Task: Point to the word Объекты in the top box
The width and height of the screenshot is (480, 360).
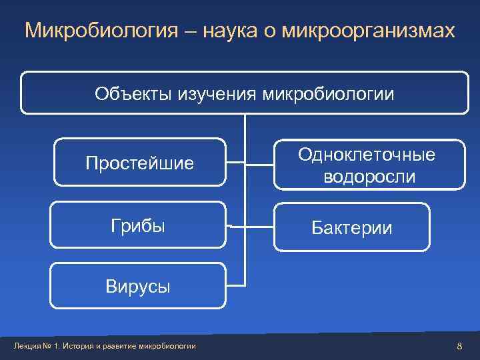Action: tap(133, 94)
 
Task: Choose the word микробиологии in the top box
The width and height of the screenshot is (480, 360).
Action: tap(329, 94)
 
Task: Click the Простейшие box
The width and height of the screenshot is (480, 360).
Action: tap(139, 162)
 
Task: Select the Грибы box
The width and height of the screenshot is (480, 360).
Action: tap(138, 226)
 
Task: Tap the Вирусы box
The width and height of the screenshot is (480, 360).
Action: tap(138, 287)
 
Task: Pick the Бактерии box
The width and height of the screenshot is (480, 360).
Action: tap(353, 228)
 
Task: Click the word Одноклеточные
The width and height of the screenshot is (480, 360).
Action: tap(367, 155)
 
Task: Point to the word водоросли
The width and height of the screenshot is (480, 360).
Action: tap(368, 177)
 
